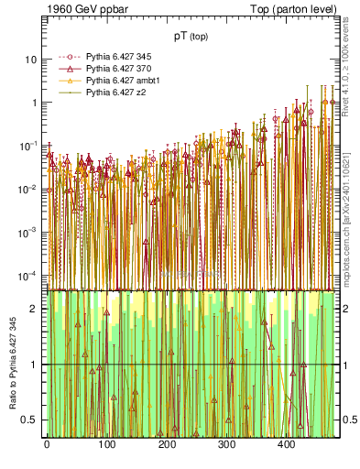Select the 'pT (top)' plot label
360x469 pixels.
click(193, 38)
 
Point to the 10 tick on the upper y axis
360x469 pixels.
click(31, 60)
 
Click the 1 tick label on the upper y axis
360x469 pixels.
click(34, 103)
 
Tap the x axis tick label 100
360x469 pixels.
click(106, 444)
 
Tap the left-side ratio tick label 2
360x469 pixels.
click(34, 309)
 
